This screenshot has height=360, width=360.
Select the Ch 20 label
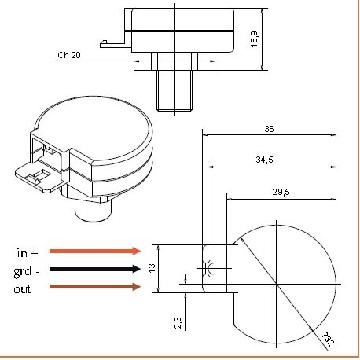click(x=68, y=57)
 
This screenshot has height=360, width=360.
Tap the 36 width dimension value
click(x=269, y=128)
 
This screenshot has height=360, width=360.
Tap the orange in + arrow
click(x=94, y=252)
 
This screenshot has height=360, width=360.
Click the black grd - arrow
click(x=94, y=270)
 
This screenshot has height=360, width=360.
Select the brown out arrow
click(x=94, y=288)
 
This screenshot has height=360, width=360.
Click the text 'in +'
click(x=27, y=252)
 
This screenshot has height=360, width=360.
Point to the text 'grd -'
click(x=28, y=270)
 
